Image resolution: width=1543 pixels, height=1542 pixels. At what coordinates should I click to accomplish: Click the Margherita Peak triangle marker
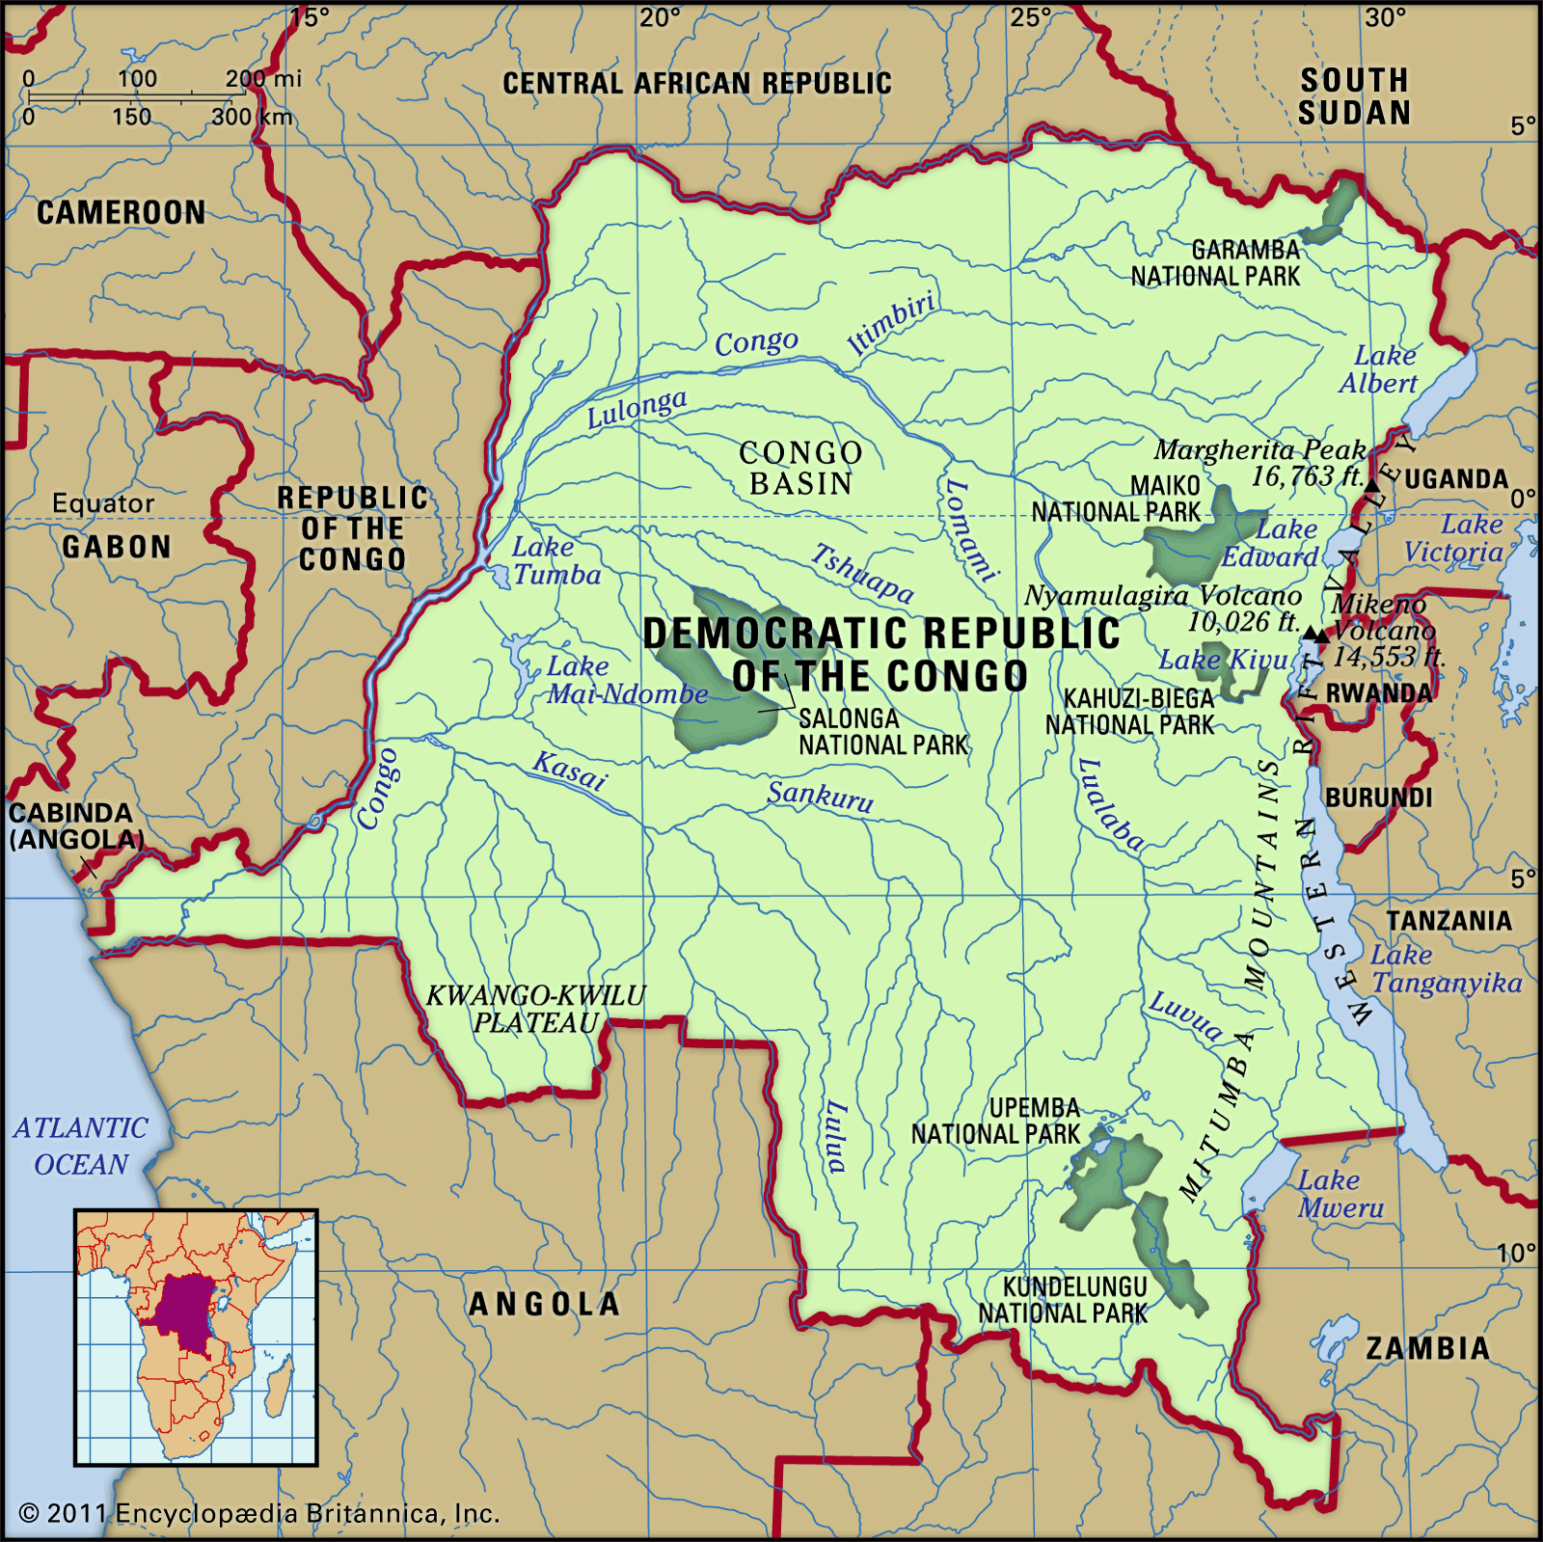(x=1371, y=484)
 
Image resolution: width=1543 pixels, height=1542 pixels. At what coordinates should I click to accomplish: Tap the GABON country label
(x=117, y=547)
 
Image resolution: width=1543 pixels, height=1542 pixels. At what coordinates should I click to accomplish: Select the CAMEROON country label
(x=122, y=212)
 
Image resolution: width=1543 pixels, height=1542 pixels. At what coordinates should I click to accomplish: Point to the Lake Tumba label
(x=555, y=560)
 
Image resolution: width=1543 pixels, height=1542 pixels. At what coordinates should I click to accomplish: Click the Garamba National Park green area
(x=1333, y=212)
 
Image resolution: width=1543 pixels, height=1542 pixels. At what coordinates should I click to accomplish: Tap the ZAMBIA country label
(x=1427, y=1347)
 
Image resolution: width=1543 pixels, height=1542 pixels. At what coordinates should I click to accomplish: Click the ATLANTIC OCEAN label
(x=81, y=1146)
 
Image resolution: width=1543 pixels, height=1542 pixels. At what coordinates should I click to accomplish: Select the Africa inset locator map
(x=196, y=1337)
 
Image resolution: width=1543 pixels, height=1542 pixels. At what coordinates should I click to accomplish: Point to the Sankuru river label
(x=820, y=797)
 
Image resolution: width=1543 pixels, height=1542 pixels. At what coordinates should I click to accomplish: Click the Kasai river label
(x=570, y=771)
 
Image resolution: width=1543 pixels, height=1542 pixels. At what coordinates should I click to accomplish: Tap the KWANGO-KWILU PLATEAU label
(x=536, y=1009)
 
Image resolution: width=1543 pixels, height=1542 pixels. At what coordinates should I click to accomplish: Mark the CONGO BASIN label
(x=800, y=468)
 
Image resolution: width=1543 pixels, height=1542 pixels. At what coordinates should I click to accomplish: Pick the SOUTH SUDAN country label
(x=1354, y=96)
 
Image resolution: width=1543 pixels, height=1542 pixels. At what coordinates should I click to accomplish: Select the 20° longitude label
(x=660, y=17)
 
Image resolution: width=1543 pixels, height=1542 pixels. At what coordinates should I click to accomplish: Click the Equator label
(x=103, y=503)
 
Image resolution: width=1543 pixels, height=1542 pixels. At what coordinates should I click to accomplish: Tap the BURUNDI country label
(x=1378, y=798)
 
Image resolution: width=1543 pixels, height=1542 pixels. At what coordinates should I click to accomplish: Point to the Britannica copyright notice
(x=259, y=1513)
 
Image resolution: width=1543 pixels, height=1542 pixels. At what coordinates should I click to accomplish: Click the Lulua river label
(x=835, y=1136)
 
